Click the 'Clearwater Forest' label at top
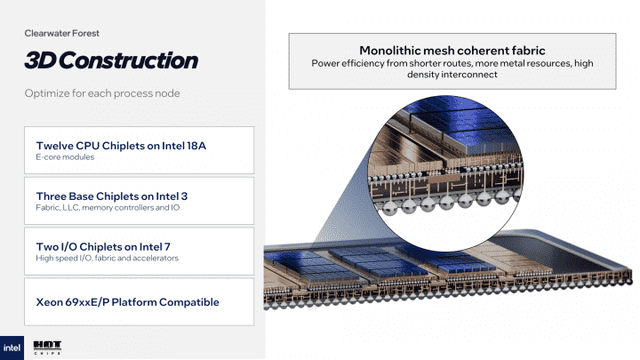[61, 33]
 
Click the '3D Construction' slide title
[110, 60]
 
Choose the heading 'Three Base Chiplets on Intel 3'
[111, 196]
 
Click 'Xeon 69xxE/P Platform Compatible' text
[127, 302]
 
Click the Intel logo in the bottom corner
[15, 346]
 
